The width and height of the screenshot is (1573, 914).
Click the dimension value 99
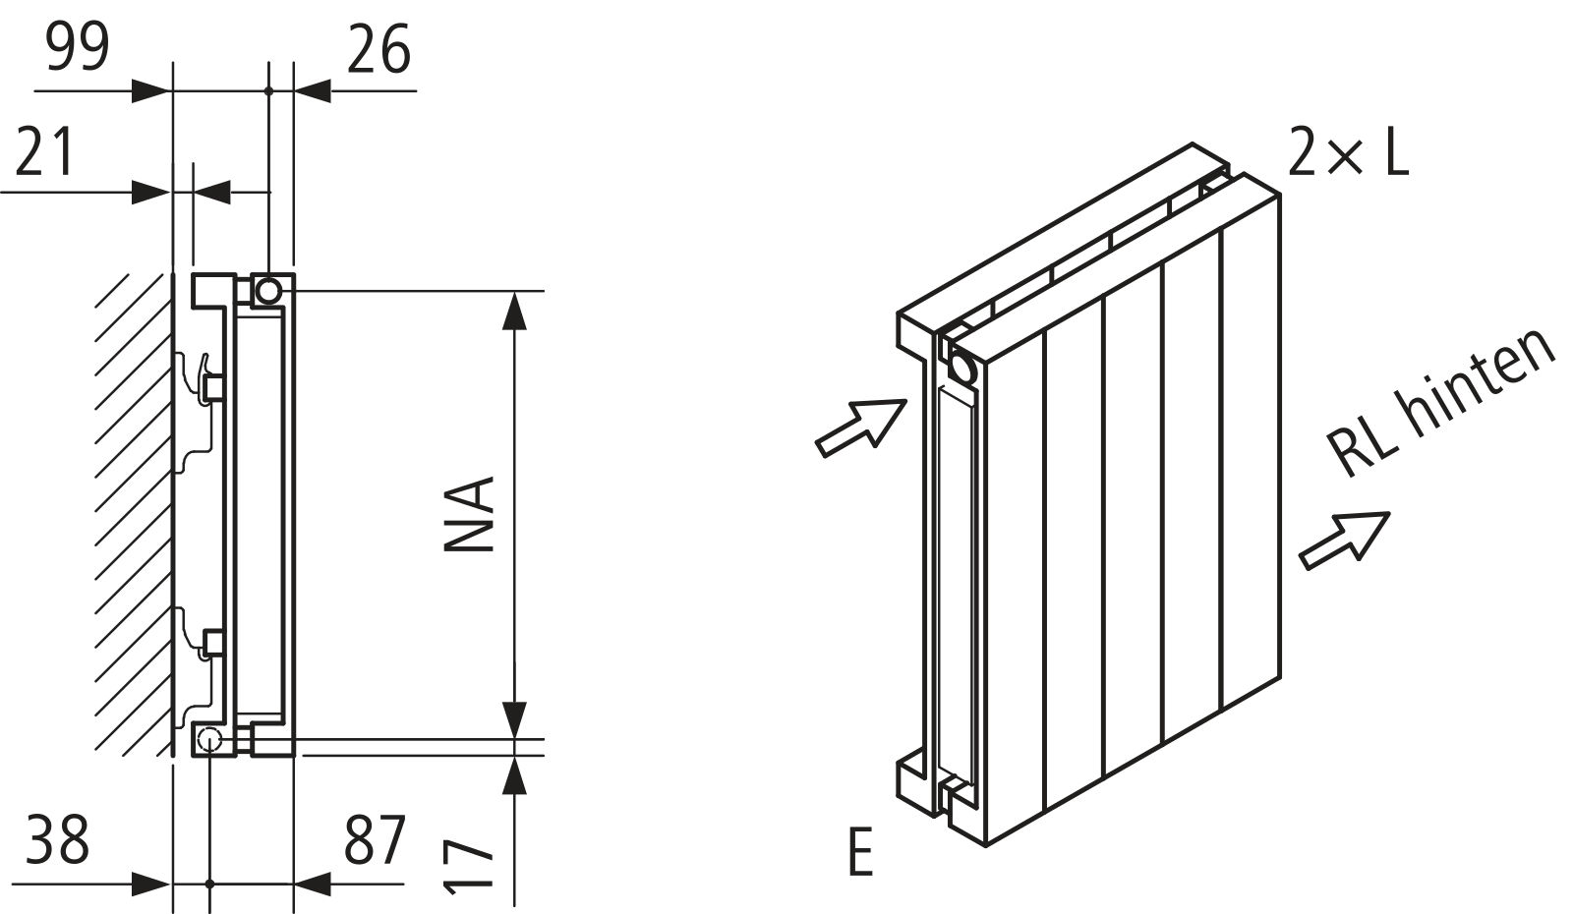pyautogui.click(x=78, y=46)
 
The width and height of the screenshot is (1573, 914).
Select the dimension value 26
pyautogui.click(x=379, y=49)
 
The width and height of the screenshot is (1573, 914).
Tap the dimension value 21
pyautogui.click(x=44, y=151)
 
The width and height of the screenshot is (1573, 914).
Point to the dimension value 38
pyautogui.click(x=58, y=838)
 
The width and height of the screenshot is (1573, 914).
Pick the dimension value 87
pyautogui.click(x=375, y=838)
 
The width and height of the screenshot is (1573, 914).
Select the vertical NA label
pyautogui.click(x=469, y=515)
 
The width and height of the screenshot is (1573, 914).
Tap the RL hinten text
pyautogui.click(x=1439, y=402)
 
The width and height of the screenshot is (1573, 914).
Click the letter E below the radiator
pyautogui.click(x=861, y=851)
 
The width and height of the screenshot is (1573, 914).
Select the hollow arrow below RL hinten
pyautogui.click(x=1344, y=540)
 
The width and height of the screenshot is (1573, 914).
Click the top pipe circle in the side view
pyautogui.click(x=268, y=290)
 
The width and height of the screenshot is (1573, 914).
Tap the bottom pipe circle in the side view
pyautogui.click(x=209, y=738)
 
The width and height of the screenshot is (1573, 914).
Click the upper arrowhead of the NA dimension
pyautogui.click(x=515, y=311)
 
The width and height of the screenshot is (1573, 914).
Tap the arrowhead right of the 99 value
pyautogui.click(x=151, y=90)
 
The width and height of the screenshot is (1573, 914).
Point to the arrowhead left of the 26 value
pyautogui.click(x=313, y=90)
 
